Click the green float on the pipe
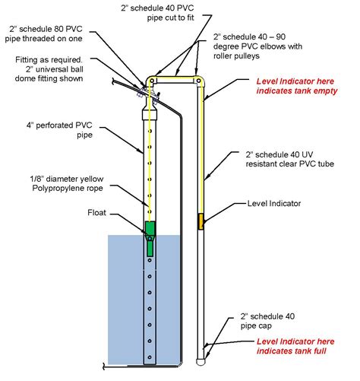click(150, 228)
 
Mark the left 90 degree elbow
click(152, 78)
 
